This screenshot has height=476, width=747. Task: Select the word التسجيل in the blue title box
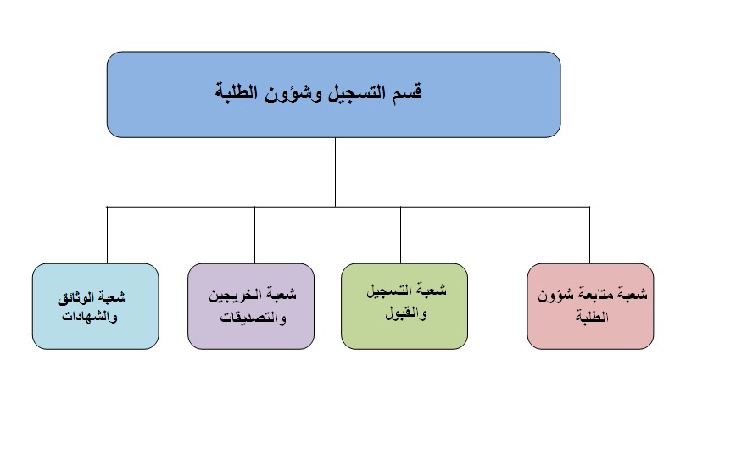point(357,91)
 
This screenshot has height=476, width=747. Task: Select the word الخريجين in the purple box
point(233,295)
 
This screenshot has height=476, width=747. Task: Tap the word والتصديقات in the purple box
point(253,317)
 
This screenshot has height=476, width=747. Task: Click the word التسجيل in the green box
point(387,291)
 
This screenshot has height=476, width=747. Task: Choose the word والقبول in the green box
point(406,313)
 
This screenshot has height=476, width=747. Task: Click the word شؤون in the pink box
point(555,295)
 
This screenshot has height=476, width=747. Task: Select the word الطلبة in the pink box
point(592,317)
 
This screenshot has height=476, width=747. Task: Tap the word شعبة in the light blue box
point(111,297)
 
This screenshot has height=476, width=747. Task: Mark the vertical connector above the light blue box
point(107,235)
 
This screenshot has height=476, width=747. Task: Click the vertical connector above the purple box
point(255,235)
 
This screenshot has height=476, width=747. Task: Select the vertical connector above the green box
point(401,235)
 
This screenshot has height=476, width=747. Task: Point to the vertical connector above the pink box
point(590,235)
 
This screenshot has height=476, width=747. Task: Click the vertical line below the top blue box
point(336,172)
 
